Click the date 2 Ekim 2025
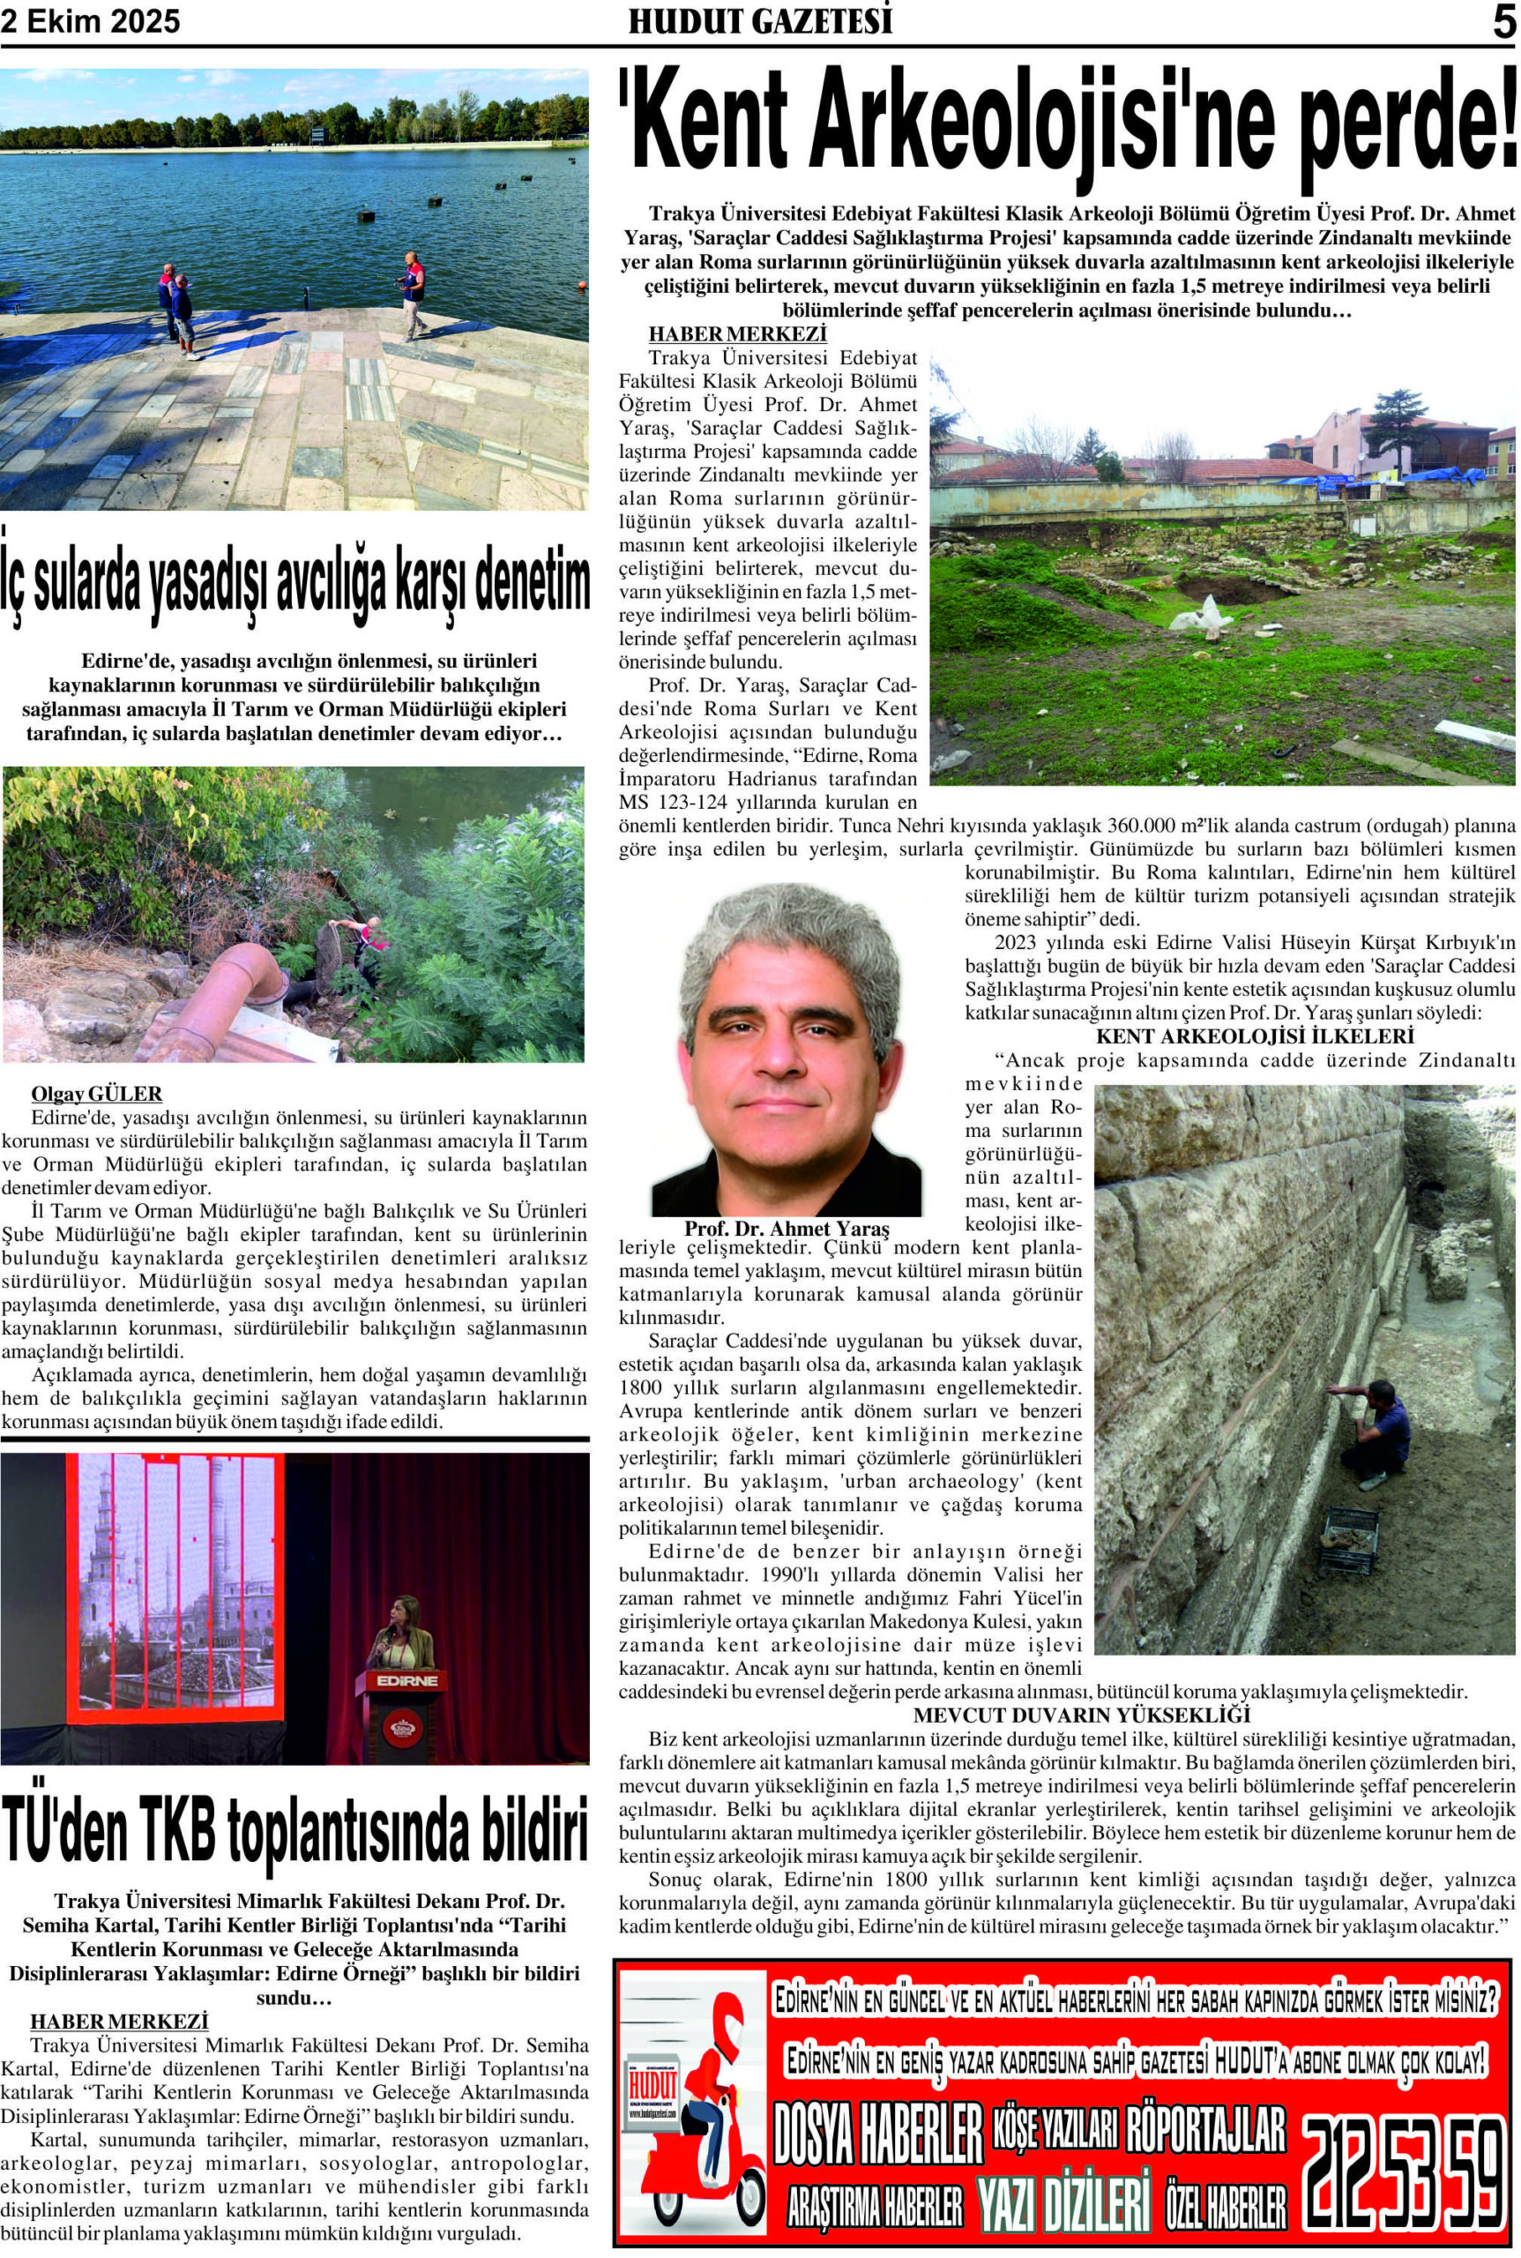pyautogui.click(x=90, y=21)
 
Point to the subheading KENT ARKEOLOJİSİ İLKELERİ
pyautogui.click(x=1256, y=1036)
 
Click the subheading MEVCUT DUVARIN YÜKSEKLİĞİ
pyautogui.click(x=1082, y=1715)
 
